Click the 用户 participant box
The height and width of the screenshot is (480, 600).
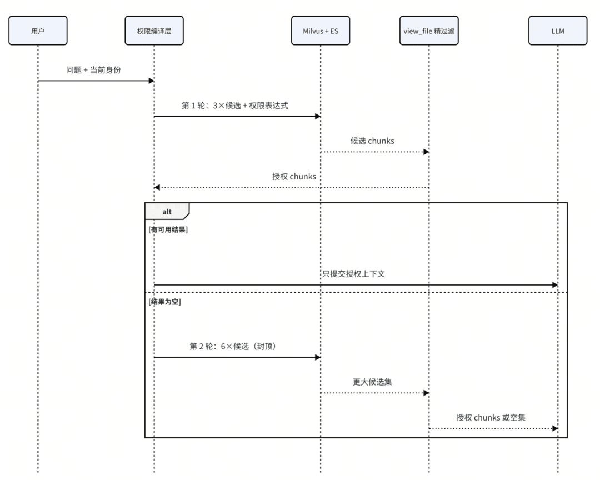pos(38,31)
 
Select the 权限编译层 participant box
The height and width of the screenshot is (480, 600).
pos(154,31)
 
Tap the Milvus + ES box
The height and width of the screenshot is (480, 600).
pos(321,31)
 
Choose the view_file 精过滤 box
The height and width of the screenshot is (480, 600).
pos(429,31)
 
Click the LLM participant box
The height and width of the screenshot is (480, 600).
pos(558,31)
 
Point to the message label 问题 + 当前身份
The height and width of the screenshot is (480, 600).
pos(93,70)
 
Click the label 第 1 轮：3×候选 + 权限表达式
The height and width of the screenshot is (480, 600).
pos(235,106)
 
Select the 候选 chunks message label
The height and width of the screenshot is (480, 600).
pos(372,141)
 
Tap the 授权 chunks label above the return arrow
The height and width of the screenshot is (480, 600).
pos(294,177)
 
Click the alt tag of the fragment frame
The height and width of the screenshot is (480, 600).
pos(167,211)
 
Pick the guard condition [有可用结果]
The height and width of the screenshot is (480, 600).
pos(168,229)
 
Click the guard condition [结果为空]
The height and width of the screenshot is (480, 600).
pos(164,302)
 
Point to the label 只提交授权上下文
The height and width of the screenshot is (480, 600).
pos(353,274)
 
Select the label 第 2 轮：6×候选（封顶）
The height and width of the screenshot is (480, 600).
pos(233,347)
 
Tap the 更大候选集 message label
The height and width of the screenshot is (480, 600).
pos(372,382)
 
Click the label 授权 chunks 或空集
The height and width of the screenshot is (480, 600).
pos(491,418)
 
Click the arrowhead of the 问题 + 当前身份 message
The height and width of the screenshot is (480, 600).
pos(152,81)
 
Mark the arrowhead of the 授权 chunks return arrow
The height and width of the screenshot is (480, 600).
pos(157,188)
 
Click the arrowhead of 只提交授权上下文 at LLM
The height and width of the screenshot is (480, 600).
pos(555,285)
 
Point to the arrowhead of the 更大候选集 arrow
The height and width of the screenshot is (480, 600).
pos(426,393)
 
